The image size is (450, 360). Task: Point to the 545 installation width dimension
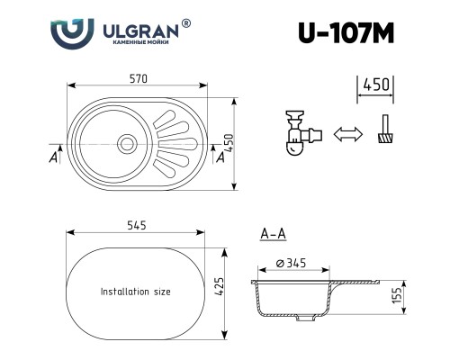(137, 225)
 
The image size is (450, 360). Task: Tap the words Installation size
(136, 292)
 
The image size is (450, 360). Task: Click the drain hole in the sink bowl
(124, 140)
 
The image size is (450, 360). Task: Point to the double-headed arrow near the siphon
(346, 135)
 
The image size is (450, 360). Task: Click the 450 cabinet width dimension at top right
(375, 85)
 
